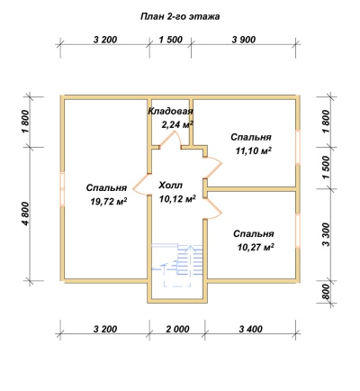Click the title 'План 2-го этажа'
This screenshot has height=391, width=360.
180,16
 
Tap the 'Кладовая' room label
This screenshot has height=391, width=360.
170,111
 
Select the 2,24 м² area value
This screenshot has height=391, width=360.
177,124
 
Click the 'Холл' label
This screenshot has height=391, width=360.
170,185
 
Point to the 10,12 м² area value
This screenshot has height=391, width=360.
177,198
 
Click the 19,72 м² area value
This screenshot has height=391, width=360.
108,202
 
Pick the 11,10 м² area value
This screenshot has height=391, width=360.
254,150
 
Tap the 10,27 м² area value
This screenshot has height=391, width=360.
256,248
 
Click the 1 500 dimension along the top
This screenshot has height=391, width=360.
170,40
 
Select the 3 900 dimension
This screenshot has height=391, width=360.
244,40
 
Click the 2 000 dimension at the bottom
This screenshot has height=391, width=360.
177,329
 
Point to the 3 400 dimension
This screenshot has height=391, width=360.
251,329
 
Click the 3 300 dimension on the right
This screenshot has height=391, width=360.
326,234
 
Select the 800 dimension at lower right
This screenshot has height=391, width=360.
326,291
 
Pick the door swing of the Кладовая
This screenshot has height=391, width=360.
170,140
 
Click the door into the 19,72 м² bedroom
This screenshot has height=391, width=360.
141,185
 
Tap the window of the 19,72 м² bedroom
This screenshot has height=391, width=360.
62,189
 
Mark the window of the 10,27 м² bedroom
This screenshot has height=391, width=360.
298,231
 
